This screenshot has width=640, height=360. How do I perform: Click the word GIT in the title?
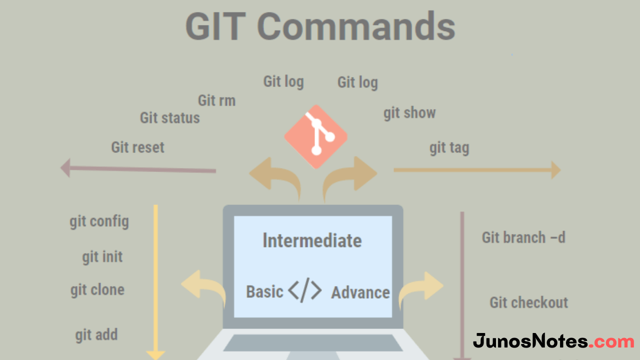coord(215,26)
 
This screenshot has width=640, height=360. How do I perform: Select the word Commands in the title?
coord(356,26)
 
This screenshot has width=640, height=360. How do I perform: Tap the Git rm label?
coord(216,100)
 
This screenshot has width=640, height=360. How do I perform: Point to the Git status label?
coord(170,118)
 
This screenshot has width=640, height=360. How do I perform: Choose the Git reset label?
coord(137,147)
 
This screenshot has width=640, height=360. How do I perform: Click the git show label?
coord(409,113)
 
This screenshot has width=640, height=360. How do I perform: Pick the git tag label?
coord(449,148)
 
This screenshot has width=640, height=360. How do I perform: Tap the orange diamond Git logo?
coord(315,136)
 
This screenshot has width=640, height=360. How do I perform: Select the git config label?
coord(99,221)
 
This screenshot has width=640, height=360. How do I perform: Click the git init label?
coord(102,257)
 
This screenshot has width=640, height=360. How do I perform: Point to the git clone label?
coord(97,290)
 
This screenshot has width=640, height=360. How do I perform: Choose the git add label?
coord(96,334)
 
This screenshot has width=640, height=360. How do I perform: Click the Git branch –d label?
coord(523,237)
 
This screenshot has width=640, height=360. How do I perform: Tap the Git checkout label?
coord(529,302)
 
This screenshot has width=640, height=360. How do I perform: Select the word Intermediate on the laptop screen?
coord(312,240)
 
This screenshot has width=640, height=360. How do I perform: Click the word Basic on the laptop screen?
coord(264,291)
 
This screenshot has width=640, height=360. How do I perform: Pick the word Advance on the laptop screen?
coord(360,292)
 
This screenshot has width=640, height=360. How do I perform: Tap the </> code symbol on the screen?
coord(305,290)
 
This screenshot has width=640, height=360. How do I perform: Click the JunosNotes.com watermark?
coord(553,341)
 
